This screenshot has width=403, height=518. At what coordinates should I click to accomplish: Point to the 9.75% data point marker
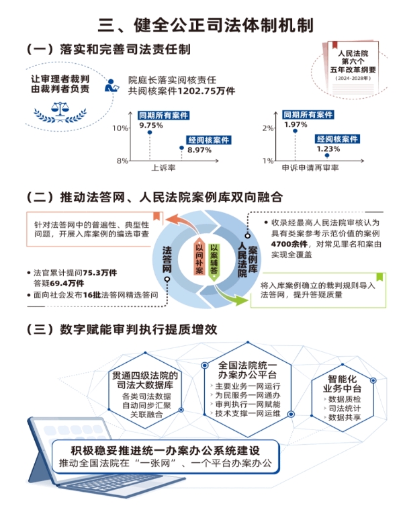click(x=148, y=132)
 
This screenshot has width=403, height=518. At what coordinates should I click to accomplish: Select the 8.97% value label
click(x=199, y=150)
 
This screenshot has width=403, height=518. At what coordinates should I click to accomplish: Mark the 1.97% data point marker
click(x=294, y=131)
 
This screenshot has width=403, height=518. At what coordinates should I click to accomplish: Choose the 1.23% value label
click(x=328, y=149)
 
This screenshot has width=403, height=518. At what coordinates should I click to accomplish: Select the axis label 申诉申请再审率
click(x=310, y=167)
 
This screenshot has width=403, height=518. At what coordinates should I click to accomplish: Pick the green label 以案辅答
click(x=214, y=259)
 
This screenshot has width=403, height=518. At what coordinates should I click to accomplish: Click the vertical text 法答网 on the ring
click(x=167, y=259)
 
